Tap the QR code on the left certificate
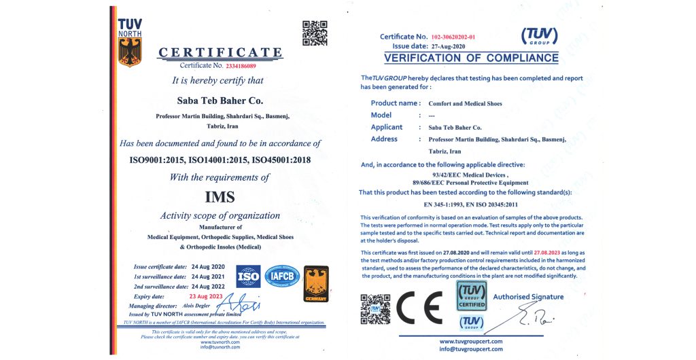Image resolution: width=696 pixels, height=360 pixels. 314,33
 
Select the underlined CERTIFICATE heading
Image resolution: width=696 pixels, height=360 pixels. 220,53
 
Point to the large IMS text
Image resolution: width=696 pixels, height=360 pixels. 220,197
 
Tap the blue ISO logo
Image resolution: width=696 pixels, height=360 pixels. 248,276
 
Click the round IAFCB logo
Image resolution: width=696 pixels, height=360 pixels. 282,276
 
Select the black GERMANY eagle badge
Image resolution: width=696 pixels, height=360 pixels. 316,284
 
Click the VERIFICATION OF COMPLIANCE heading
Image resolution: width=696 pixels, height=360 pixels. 471,58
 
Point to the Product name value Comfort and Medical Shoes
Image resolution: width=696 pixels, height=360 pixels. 465,104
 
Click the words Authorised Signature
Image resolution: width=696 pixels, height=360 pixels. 528,297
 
